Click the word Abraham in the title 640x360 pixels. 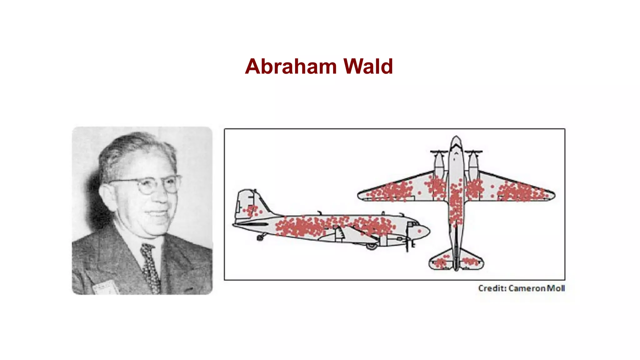point(291,67)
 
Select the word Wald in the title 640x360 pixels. point(368,67)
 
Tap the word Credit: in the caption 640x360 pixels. point(492,288)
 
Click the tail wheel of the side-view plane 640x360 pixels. point(260,238)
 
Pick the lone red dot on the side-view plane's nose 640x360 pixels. point(419,231)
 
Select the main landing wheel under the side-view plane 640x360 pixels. point(372,247)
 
